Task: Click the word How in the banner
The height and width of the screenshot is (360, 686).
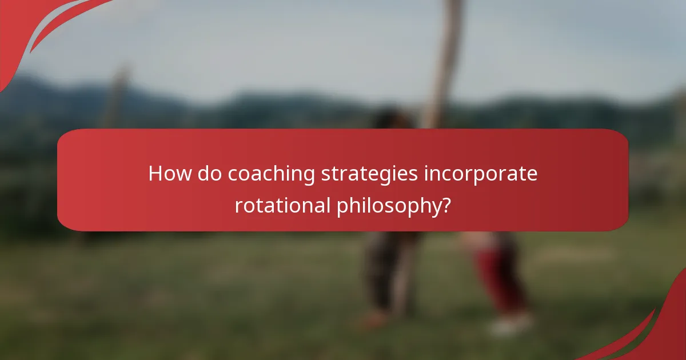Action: click(170, 173)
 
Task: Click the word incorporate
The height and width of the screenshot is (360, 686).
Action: click(480, 174)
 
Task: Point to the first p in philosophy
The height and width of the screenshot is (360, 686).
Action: click(341, 207)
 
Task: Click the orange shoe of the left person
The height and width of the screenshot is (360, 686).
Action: click(374, 320)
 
